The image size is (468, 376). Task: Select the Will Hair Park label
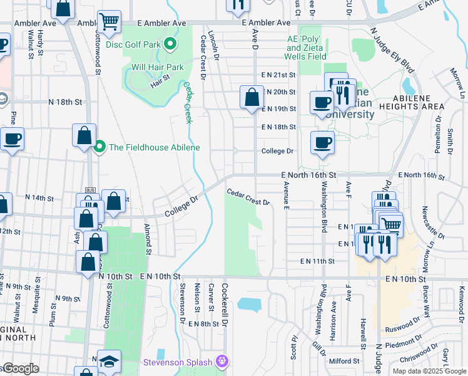point(157,67)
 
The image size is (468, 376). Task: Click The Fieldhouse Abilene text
point(155,147)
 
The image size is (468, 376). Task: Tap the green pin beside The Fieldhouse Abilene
point(99,147)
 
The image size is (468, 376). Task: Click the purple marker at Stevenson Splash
point(220,362)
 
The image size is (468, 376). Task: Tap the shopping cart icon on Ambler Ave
point(109,22)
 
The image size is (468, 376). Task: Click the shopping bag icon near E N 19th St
point(252,98)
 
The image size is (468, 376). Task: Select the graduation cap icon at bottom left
point(109,362)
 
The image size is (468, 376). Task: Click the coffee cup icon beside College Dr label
point(322,143)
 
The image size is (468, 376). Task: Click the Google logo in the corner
point(21,368)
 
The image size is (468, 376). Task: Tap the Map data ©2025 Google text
point(429,371)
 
